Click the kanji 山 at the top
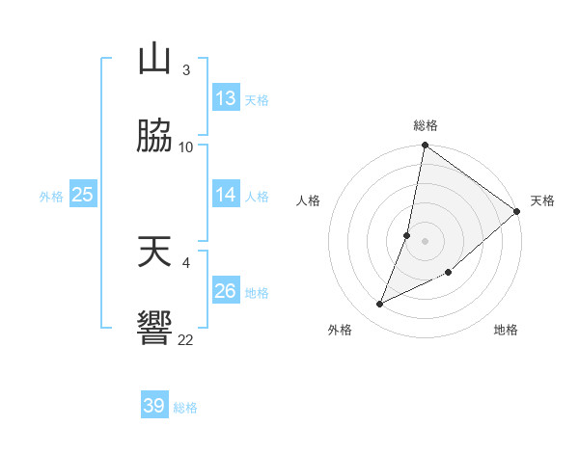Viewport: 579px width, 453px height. (x=154, y=60)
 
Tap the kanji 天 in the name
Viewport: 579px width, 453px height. (x=154, y=253)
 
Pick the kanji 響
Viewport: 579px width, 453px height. (x=154, y=330)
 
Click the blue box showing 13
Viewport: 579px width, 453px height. (x=226, y=98)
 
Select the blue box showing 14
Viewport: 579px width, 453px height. (x=226, y=195)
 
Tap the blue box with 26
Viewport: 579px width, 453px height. (x=226, y=291)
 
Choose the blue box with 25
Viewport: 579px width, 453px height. (x=83, y=195)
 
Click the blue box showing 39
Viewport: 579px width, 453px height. (x=154, y=406)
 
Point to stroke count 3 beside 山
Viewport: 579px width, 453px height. (x=185, y=69)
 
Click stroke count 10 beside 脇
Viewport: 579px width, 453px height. (x=186, y=147)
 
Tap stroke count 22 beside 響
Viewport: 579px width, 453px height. (x=186, y=339)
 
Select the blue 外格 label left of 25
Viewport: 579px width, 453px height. (x=51, y=196)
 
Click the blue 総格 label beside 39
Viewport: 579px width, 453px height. (x=185, y=407)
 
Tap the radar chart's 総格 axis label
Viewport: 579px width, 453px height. (x=426, y=125)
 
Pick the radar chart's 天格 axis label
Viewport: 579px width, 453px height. (x=542, y=200)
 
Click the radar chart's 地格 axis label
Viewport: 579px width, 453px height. (x=506, y=330)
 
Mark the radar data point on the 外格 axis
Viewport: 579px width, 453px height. (x=379, y=305)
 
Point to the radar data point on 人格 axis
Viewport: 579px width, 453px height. (x=407, y=235)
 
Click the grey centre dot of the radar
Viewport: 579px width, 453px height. (x=426, y=241)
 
